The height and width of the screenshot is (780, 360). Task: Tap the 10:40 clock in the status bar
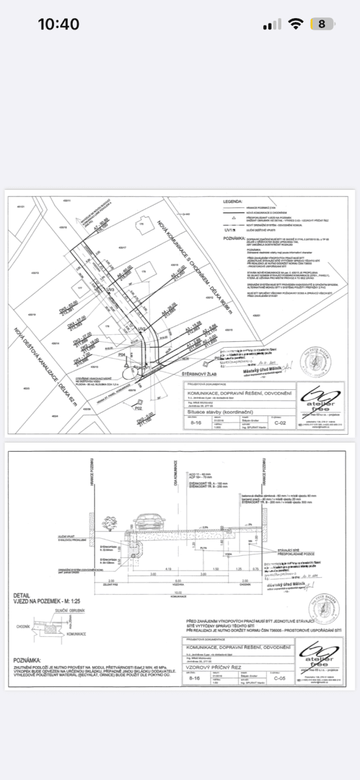click(58, 25)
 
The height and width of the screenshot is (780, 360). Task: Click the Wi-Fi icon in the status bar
click(296, 24)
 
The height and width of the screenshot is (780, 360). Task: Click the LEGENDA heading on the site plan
click(233, 202)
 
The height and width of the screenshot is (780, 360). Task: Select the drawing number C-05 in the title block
click(280, 678)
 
